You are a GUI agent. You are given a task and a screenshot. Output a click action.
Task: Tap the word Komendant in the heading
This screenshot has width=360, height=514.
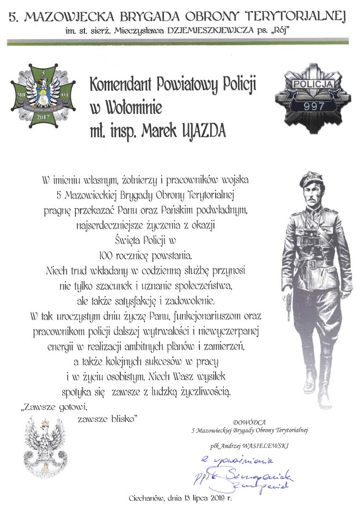click(x=122, y=84)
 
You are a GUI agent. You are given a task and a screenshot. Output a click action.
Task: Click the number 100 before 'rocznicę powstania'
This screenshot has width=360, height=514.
click(x=108, y=254)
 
